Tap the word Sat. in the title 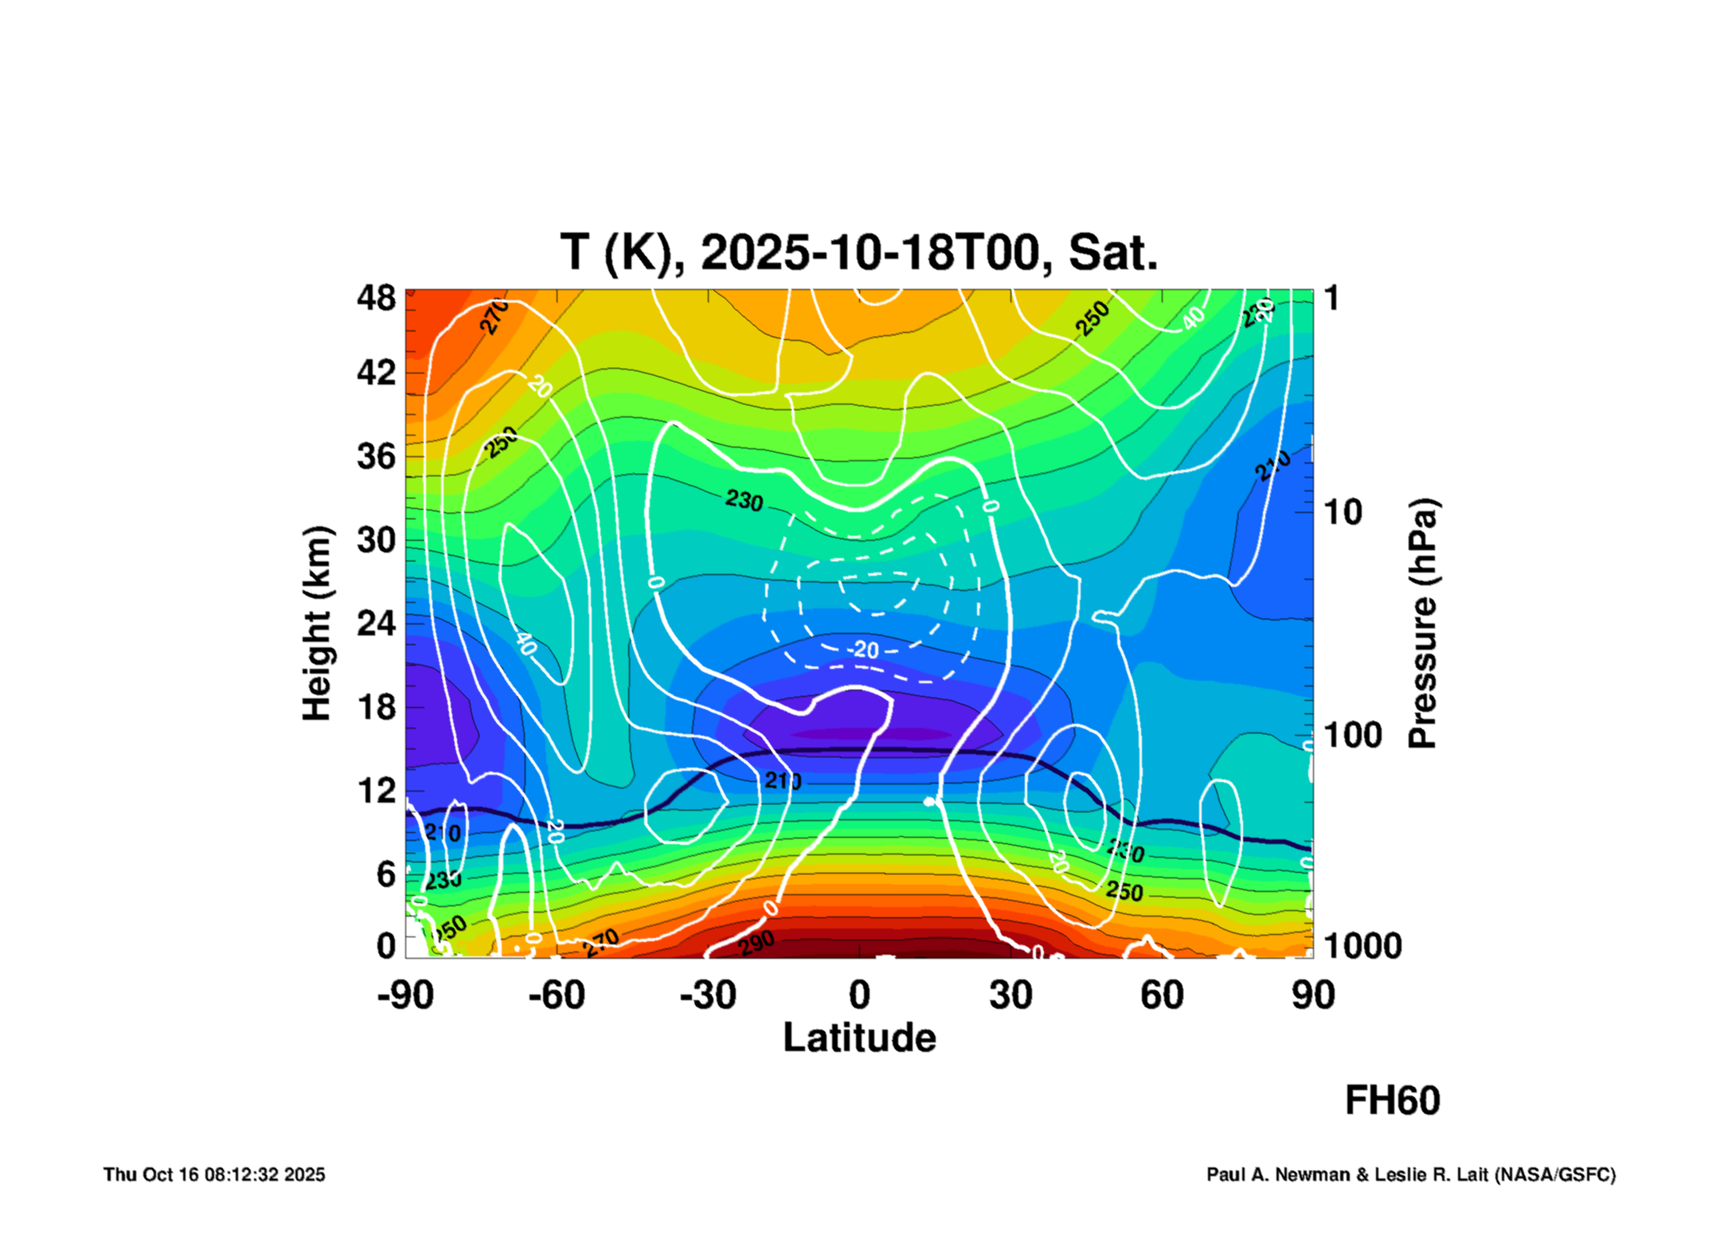(x=1112, y=253)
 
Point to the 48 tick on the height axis (x=376, y=299)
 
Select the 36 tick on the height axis (x=376, y=457)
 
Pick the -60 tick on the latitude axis (x=557, y=995)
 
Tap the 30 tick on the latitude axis (x=1011, y=995)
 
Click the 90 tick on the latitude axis (x=1312, y=995)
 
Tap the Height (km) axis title (x=317, y=623)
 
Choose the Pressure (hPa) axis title (x=1422, y=623)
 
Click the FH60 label (x=1392, y=1100)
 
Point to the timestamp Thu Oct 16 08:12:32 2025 (x=214, y=1175)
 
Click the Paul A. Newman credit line (x=1410, y=1175)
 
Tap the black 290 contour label (x=756, y=943)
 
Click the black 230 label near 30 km (x=744, y=501)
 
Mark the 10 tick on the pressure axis (x=1343, y=513)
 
